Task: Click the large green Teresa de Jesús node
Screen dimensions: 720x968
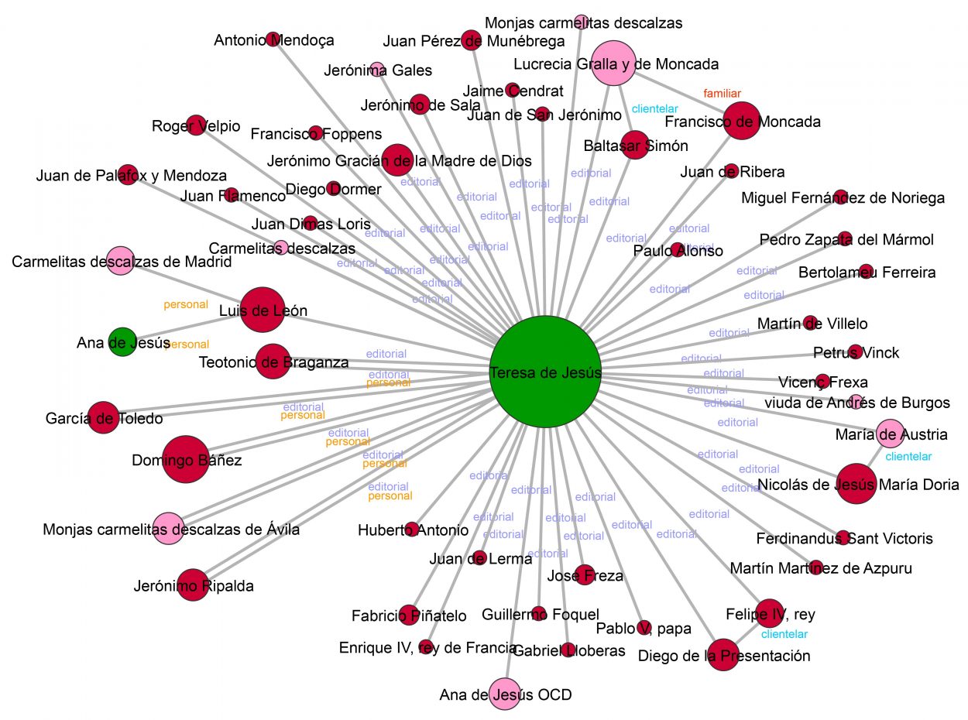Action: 546,372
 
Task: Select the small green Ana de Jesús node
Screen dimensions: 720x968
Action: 122,341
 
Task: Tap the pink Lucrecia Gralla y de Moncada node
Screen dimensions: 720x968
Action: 613,64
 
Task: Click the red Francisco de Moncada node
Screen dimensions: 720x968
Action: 743,122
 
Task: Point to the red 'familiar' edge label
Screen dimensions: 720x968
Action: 723,94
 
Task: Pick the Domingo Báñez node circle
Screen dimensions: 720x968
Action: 186,460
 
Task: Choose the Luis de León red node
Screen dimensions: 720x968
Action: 263,310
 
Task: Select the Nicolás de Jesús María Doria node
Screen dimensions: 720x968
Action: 856,485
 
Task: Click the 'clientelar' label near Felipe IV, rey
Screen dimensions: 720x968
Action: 784,635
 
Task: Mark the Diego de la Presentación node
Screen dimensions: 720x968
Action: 723,655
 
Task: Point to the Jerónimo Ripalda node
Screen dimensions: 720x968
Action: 197,585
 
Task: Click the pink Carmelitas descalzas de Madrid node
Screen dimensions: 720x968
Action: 120,262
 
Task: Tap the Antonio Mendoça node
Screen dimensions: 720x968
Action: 273,39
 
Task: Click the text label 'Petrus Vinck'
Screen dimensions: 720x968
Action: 856,353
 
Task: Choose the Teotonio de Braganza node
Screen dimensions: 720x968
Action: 272,362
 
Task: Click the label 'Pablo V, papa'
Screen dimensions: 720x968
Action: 644,629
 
